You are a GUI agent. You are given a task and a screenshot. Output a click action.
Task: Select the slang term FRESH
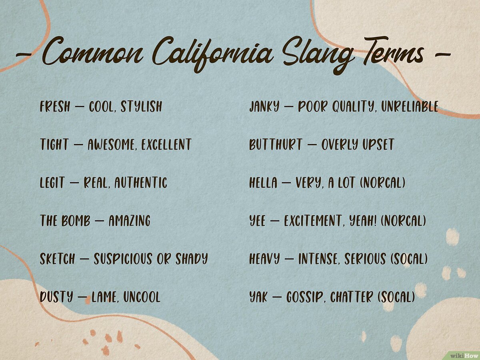pos(55,106)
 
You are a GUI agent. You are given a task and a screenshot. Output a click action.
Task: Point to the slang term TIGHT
pos(54,144)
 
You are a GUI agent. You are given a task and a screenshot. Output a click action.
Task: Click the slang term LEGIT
pos(52,183)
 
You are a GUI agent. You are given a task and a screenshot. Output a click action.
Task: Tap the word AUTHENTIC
pos(140,183)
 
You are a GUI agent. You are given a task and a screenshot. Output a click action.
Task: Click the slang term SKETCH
pos(57,259)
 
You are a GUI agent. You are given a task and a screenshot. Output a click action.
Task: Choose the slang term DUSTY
pos(56,297)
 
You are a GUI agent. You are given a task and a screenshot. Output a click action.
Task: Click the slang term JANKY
pos(264,107)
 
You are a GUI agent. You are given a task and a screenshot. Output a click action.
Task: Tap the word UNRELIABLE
pos(410,107)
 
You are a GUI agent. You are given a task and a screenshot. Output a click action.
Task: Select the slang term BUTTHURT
pos(276,144)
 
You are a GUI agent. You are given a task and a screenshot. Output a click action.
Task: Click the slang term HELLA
pos(263,183)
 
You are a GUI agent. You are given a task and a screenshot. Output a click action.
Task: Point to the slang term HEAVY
pos(264,259)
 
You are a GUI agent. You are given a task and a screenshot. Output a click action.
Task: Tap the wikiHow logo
pos(464,355)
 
